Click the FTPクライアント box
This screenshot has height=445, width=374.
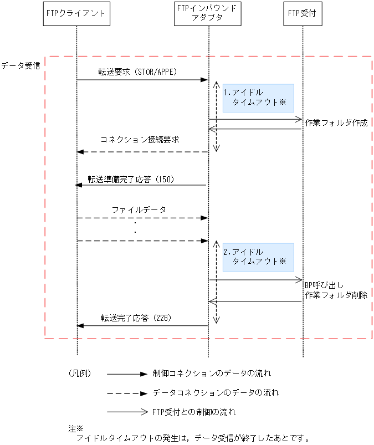[x=76, y=13]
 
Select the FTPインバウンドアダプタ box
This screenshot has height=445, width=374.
[x=208, y=13]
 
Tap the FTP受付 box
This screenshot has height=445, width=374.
[x=303, y=13]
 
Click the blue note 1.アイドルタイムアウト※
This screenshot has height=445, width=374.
[x=258, y=98]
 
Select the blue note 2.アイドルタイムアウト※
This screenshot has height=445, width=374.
[x=258, y=257]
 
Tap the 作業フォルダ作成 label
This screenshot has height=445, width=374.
[x=336, y=123]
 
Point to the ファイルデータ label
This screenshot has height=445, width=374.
[x=139, y=210]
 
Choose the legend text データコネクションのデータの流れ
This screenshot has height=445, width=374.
[x=216, y=392]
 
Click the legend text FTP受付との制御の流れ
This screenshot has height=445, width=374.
[x=193, y=412]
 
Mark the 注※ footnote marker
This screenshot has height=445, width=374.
[x=75, y=428]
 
